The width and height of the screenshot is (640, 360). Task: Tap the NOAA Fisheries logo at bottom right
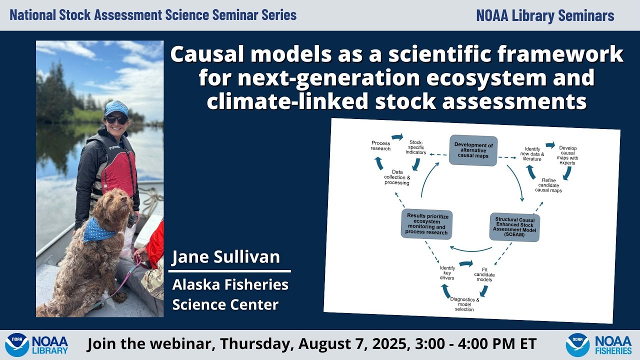[598, 344]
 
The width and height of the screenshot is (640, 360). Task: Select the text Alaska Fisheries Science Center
[230, 294]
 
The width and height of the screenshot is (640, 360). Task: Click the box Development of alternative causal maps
[473, 149]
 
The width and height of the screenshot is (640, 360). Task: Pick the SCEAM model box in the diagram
[514, 227]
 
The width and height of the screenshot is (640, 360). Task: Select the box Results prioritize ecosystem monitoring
[426, 224]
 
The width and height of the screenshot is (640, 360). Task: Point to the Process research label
[380, 146]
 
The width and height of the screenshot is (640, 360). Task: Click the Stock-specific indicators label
[415, 147]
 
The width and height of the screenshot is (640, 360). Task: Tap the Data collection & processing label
[397, 177]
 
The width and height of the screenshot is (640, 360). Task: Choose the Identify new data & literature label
[531, 153]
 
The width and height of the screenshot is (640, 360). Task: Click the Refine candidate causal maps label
[548, 184]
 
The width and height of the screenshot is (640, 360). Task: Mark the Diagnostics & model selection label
[464, 304]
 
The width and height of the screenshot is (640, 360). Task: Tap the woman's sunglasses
[116, 120]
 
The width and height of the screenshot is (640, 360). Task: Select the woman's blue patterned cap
[116, 107]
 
